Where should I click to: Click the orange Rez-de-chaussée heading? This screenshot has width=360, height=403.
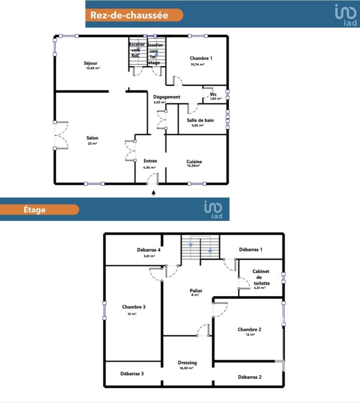(134, 15)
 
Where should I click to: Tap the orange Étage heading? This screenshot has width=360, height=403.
(39, 210)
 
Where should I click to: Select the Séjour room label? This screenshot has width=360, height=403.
(91, 63)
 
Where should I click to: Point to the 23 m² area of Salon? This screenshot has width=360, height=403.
(92, 143)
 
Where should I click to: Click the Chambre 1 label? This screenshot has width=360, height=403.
(201, 58)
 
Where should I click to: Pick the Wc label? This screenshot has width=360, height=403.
(213, 94)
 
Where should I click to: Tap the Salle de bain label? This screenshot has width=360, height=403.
(200, 120)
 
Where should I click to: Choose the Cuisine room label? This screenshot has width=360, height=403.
(194, 162)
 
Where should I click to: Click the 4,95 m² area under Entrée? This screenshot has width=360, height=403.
(149, 167)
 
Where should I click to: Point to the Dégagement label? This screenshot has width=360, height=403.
(167, 97)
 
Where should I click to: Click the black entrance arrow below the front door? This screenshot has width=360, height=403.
(154, 193)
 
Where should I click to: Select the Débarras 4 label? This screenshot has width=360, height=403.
(148, 250)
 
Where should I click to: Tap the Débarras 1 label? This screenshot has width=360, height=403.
(251, 249)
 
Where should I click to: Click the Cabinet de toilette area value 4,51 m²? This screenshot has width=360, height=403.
(260, 288)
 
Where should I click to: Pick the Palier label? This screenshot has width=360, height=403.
(196, 291)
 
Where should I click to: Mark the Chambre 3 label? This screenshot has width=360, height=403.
(134, 307)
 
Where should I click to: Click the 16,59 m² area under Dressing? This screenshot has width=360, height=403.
(186, 368)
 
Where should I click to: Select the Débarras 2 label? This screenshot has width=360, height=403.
(250, 377)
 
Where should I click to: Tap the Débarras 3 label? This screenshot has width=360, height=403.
(132, 373)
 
